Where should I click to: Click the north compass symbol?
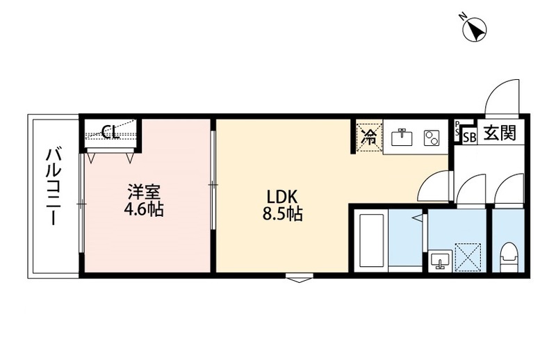tap(475, 29)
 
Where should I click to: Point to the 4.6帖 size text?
tap(144, 208)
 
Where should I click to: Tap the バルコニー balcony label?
tap(52, 186)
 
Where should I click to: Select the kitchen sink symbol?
tap(402, 136)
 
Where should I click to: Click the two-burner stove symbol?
tap(432, 137)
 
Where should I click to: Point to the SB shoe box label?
tap(469, 137)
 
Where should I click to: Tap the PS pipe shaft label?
tap(456, 129)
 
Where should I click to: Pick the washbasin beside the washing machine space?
tap(439, 261)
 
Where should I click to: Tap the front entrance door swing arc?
tap(502, 97)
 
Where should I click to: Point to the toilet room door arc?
tap(510, 189)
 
